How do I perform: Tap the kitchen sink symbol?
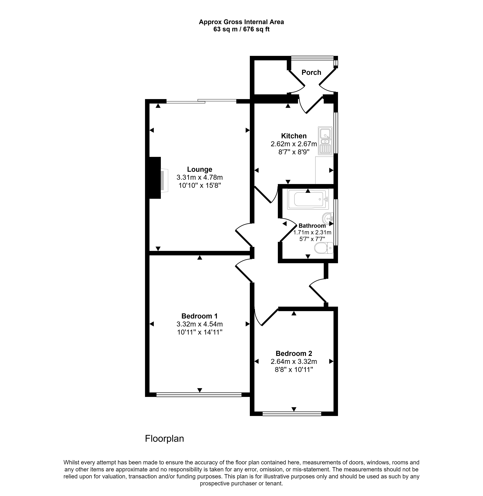[x=325, y=141]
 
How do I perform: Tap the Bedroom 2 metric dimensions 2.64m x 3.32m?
[x=294, y=361]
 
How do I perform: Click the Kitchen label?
[x=294, y=136]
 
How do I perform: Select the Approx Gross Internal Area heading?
[x=241, y=22]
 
